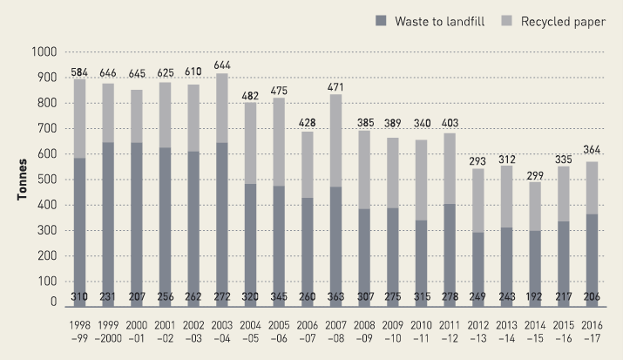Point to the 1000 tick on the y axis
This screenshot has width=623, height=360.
point(41,52)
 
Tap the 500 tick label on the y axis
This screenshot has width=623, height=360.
point(44,180)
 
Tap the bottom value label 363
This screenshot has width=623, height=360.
point(335,296)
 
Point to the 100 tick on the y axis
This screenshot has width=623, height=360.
point(44,282)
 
